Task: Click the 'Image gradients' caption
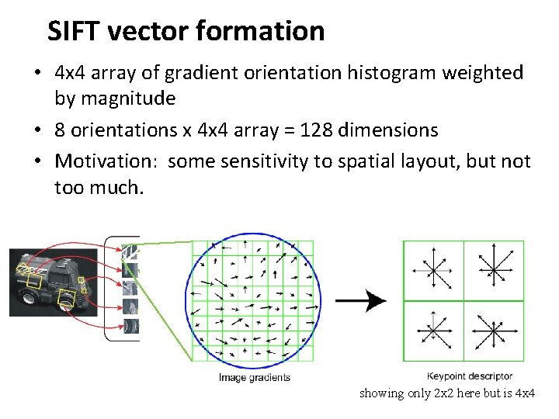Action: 254,377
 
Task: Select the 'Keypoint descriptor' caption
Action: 470,376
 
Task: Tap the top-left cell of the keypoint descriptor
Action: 433,270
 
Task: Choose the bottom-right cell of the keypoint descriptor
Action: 494,331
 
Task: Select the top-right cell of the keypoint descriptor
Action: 494,270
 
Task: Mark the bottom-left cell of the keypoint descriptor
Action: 433,331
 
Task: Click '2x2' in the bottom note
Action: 442,393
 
